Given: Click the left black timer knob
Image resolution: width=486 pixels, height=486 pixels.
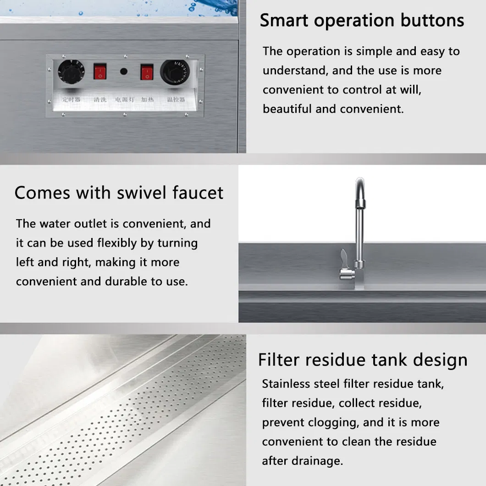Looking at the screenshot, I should coord(71,72).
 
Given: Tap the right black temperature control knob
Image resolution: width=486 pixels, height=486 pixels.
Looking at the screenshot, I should coord(175,72).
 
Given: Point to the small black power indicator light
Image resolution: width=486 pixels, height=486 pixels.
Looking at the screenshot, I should coord(123,72).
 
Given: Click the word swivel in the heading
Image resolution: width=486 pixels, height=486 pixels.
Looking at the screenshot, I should coord(140,193).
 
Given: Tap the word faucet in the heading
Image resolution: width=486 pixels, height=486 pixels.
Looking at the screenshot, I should coord(198,193).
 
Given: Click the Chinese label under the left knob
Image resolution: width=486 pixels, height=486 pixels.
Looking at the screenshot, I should coord(71,98).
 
